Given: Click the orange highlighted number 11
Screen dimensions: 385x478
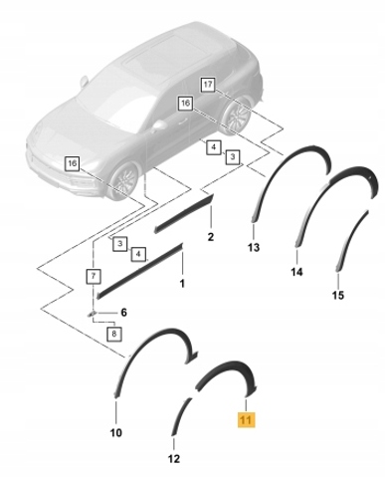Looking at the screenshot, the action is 246,420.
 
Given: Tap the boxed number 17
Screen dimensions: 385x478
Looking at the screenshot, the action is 208,85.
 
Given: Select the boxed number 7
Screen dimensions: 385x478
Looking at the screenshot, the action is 94,276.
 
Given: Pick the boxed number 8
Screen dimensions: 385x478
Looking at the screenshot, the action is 114,334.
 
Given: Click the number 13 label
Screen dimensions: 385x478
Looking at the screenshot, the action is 254,247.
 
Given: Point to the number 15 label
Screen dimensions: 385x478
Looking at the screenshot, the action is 338,295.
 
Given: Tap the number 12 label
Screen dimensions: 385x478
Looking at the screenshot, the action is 174,459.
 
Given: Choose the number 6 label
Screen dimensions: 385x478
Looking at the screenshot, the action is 123,313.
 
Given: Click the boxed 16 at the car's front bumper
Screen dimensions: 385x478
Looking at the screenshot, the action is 72,163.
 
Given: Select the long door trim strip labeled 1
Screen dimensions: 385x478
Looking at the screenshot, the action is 139,271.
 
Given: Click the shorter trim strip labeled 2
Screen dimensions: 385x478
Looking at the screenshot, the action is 184,214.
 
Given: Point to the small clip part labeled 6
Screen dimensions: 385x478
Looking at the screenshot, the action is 92,313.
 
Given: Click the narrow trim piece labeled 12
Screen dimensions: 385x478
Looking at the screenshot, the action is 181,415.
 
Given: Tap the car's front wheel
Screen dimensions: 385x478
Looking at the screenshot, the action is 124,181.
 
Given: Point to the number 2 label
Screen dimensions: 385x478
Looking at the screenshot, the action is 211,237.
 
